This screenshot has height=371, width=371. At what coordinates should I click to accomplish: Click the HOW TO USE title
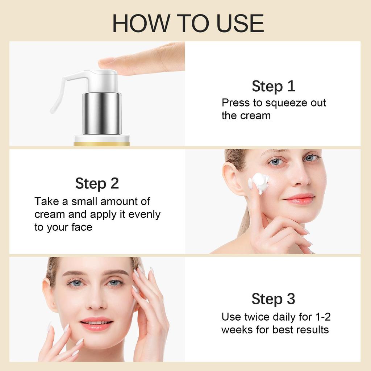(188, 24)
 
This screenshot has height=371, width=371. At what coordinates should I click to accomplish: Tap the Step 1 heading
(273, 86)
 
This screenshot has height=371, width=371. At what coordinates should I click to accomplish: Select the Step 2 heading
(97, 183)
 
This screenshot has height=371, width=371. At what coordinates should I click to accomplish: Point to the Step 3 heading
(273, 299)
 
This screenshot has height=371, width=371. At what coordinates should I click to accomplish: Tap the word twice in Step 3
(255, 317)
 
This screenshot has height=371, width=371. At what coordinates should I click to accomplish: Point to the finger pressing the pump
(145, 60)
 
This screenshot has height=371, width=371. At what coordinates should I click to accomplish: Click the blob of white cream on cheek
(260, 182)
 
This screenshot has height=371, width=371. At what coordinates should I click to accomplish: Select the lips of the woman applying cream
(299, 199)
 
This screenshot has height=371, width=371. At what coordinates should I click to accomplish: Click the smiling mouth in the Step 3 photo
(96, 322)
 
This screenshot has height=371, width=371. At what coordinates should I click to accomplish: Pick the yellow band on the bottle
(102, 144)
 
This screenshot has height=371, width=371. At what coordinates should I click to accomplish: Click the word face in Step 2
(82, 228)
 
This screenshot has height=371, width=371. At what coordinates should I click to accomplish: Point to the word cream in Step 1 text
(255, 116)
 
